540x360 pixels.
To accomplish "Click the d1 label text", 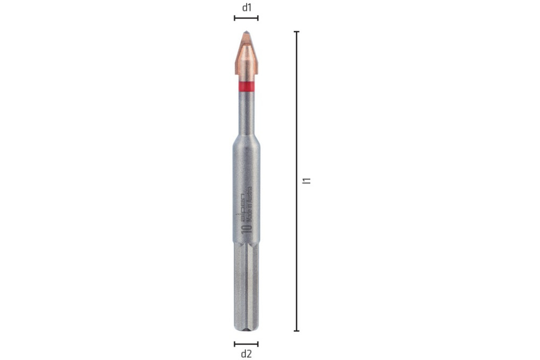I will [x=246, y=7].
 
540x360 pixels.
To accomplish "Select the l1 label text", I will [x=306, y=181].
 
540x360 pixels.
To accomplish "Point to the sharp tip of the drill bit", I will [x=246, y=33].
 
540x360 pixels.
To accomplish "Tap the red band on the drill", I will [x=246, y=86].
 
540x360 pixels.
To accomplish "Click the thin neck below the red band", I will [x=246, y=111].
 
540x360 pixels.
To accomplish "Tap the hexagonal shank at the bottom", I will [x=246, y=286].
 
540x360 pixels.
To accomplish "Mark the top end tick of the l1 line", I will [x=297, y=32].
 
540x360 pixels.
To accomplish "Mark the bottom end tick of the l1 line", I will [x=297, y=331].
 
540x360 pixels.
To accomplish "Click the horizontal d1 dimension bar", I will [x=246, y=18].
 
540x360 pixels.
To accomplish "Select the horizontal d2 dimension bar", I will [x=246, y=344].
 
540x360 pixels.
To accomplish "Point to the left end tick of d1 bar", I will [x=234, y=18].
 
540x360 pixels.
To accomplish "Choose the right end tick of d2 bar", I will [x=258, y=344].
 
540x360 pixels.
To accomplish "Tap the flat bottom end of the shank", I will [x=246, y=330].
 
